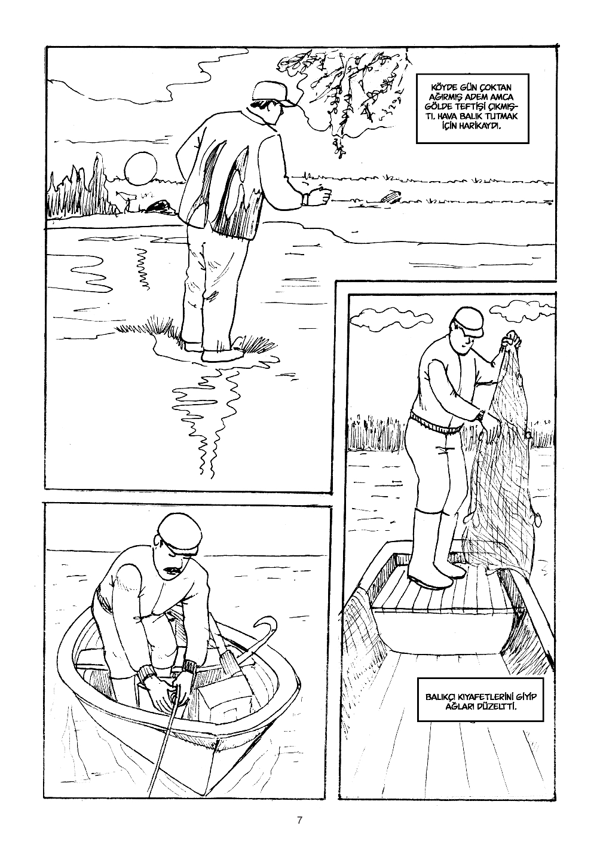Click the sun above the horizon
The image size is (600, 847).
point(140,169)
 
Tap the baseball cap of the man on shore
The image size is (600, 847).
point(271,93)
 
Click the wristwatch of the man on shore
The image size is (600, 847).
point(304,199)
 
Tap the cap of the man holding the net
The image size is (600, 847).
point(469,320)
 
